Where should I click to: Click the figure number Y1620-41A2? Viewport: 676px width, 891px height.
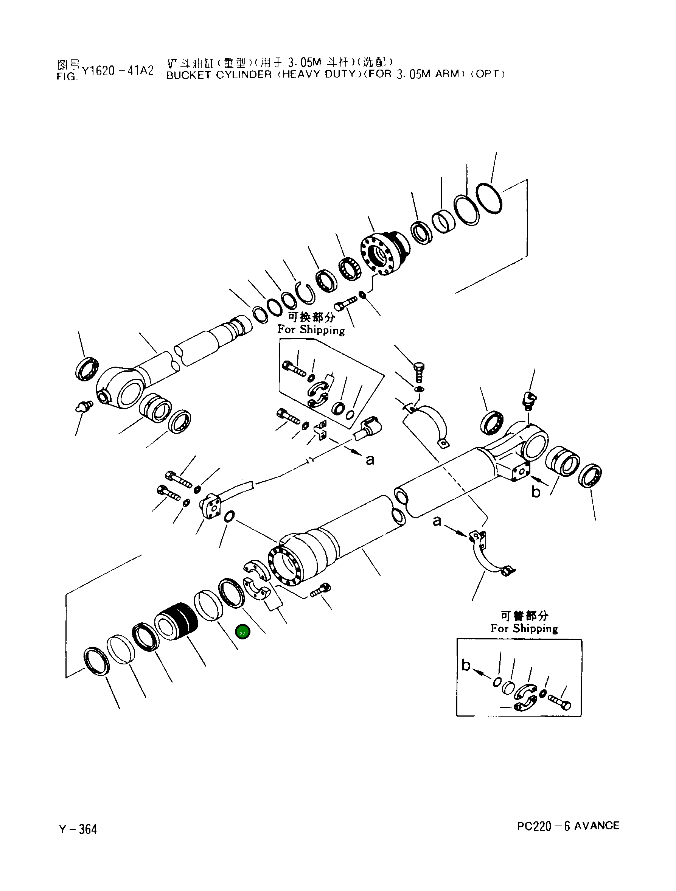tap(118, 71)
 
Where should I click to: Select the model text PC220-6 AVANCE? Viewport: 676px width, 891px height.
tap(568, 826)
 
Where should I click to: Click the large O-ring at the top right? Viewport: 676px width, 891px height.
tap(489, 199)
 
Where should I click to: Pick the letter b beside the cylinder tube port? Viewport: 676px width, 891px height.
tap(535, 492)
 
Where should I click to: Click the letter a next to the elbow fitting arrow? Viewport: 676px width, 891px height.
tap(370, 460)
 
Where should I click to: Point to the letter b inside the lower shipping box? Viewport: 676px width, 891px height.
tap(466, 665)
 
